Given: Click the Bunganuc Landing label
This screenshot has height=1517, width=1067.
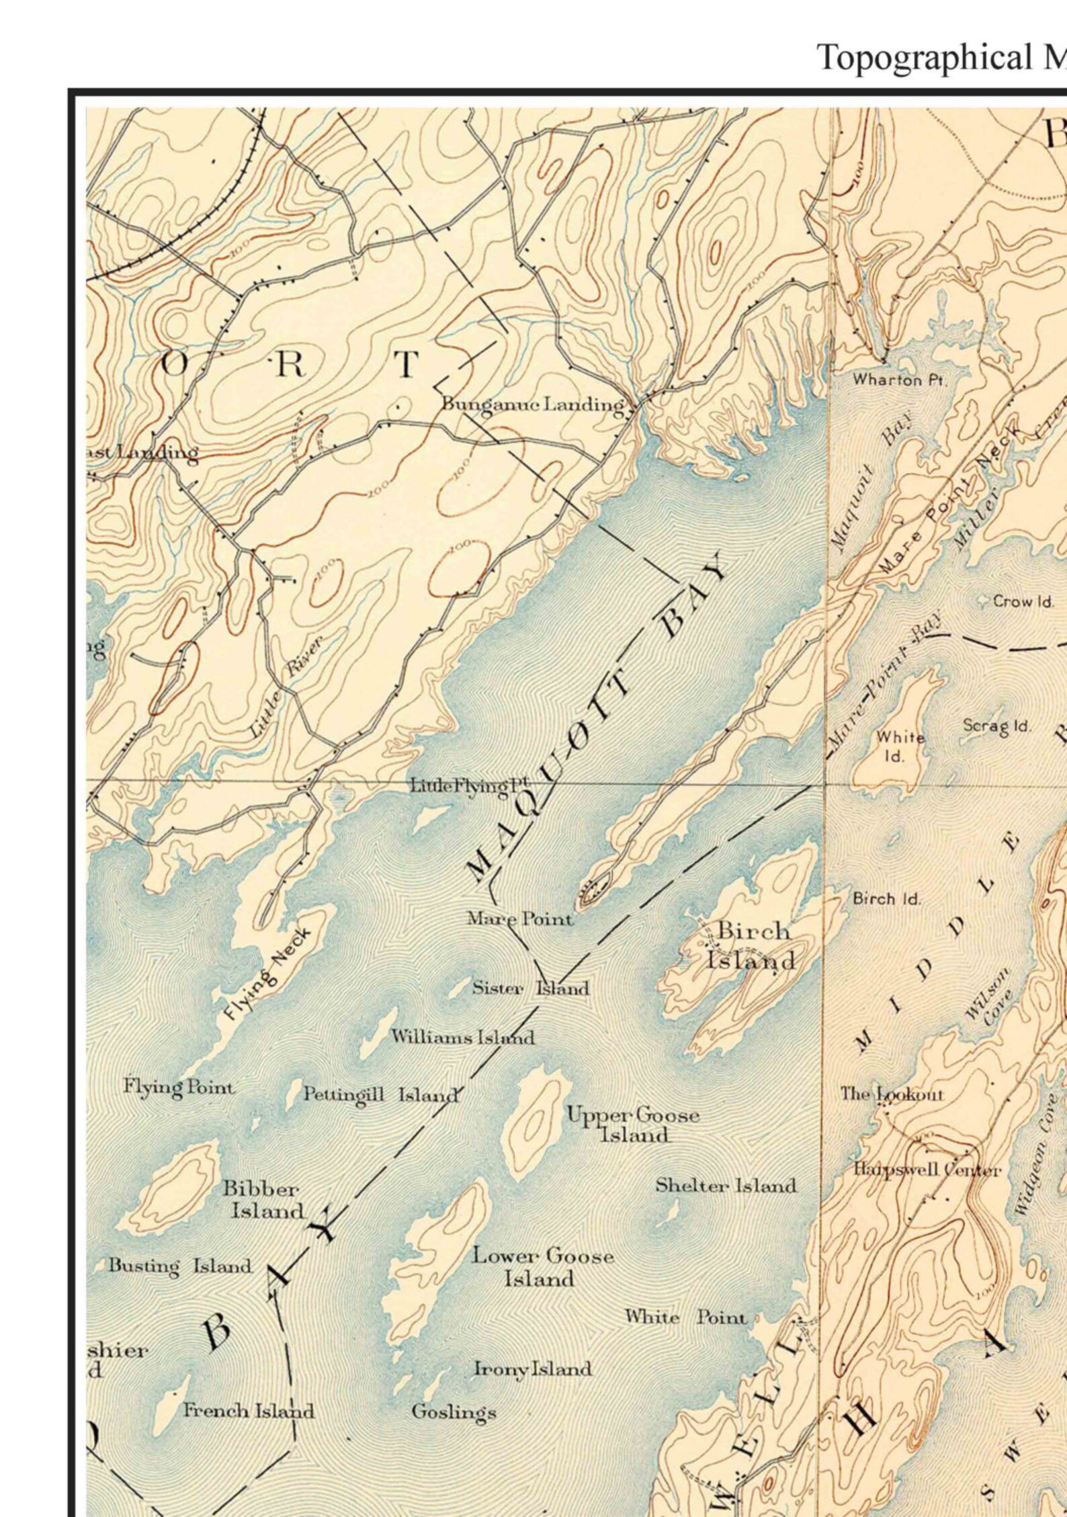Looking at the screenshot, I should (x=532, y=404).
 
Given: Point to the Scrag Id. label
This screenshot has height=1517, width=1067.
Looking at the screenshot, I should (x=997, y=726).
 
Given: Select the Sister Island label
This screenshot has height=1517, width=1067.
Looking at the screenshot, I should (x=530, y=988).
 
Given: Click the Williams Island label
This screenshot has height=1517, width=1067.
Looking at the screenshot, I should (x=463, y=1037).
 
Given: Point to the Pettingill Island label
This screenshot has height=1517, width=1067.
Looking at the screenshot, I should (x=380, y=1094).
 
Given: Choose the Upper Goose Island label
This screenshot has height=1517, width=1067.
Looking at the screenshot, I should (x=633, y=1125).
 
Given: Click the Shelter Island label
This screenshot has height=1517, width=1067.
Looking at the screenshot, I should (x=726, y=1185).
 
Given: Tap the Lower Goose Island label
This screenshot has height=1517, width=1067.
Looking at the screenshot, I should (x=542, y=1266).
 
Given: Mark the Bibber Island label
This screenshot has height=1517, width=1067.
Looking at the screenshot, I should (x=263, y=1199).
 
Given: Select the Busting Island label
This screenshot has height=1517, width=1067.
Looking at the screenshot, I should (x=180, y=1266).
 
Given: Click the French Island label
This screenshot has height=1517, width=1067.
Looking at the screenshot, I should (x=249, y=1391).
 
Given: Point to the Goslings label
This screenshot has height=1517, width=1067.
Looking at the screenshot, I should (x=454, y=1393).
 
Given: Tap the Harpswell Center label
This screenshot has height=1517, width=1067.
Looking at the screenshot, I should (x=927, y=1170).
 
